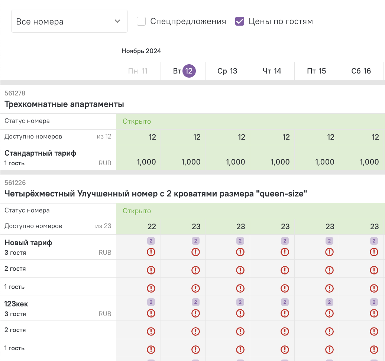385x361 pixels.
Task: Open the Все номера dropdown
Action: coord(69,21)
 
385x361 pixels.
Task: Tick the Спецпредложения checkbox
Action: coord(141,21)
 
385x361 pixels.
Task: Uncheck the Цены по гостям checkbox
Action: coord(240,21)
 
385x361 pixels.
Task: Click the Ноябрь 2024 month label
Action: coord(141,51)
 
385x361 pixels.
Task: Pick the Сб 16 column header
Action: coord(361,71)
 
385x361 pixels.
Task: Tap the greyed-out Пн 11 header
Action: coord(138,71)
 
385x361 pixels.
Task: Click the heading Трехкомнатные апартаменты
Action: coord(64,104)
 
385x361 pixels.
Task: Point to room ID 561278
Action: coord(15,93)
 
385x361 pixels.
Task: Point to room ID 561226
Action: coord(15,183)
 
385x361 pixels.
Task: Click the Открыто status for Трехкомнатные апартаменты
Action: coord(137,121)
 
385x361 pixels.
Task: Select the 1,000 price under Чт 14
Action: coord(280,162)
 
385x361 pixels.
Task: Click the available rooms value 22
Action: coord(152,227)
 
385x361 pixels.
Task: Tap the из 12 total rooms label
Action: coord(104,136)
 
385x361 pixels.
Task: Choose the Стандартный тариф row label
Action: coord(40,153)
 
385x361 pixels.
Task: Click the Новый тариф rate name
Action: coord(28,243)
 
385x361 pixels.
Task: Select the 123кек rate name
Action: coord(16,304)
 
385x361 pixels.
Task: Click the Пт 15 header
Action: coord(317,71)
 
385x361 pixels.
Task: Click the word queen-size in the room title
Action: coord(282,194)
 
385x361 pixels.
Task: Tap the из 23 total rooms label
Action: coord(103,226)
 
